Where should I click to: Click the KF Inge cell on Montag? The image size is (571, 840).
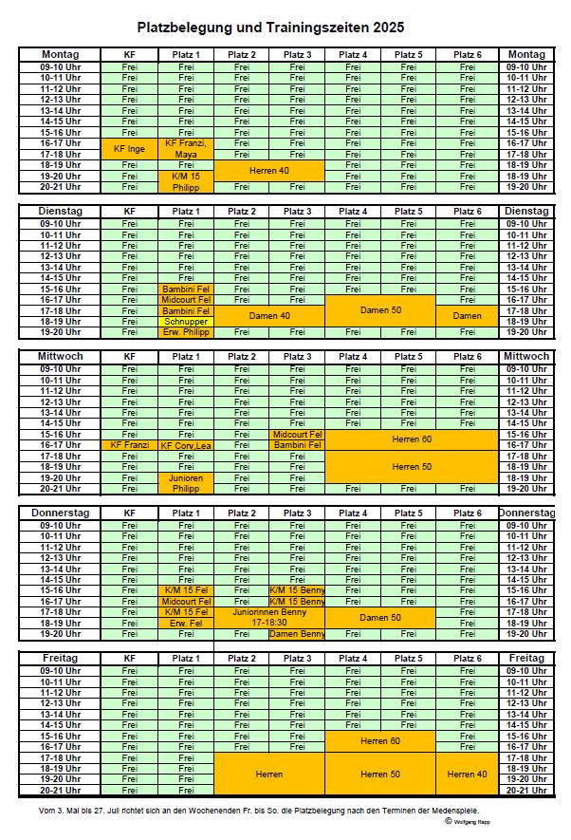[129, 148]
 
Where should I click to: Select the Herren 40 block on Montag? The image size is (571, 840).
[269, 170]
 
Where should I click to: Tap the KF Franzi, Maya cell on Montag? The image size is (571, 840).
[186, 148]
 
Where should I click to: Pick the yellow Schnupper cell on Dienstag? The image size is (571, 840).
[186, 321]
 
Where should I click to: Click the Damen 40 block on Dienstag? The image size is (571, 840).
[269, 315]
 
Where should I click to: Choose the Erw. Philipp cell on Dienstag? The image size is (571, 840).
[186, 332]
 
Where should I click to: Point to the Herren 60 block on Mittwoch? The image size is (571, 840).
[412, 439]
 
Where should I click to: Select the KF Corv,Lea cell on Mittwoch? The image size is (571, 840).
[186, 445]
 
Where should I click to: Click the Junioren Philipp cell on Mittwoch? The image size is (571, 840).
[186, 483]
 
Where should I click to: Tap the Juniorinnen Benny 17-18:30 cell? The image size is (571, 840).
[269, 617]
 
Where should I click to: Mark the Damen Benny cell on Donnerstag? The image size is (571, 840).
[297, 633]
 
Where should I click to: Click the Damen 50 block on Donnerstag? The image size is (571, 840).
[380, 617]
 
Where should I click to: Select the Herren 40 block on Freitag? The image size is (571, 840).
[468, 774]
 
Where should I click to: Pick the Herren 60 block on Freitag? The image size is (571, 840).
[380, 740]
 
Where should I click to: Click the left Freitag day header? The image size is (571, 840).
[60, 658]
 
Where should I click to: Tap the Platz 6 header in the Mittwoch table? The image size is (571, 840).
[468, 357]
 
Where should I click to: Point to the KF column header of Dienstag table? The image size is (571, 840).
[129, 211]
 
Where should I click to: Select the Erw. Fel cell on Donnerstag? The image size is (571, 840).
[186, 623]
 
